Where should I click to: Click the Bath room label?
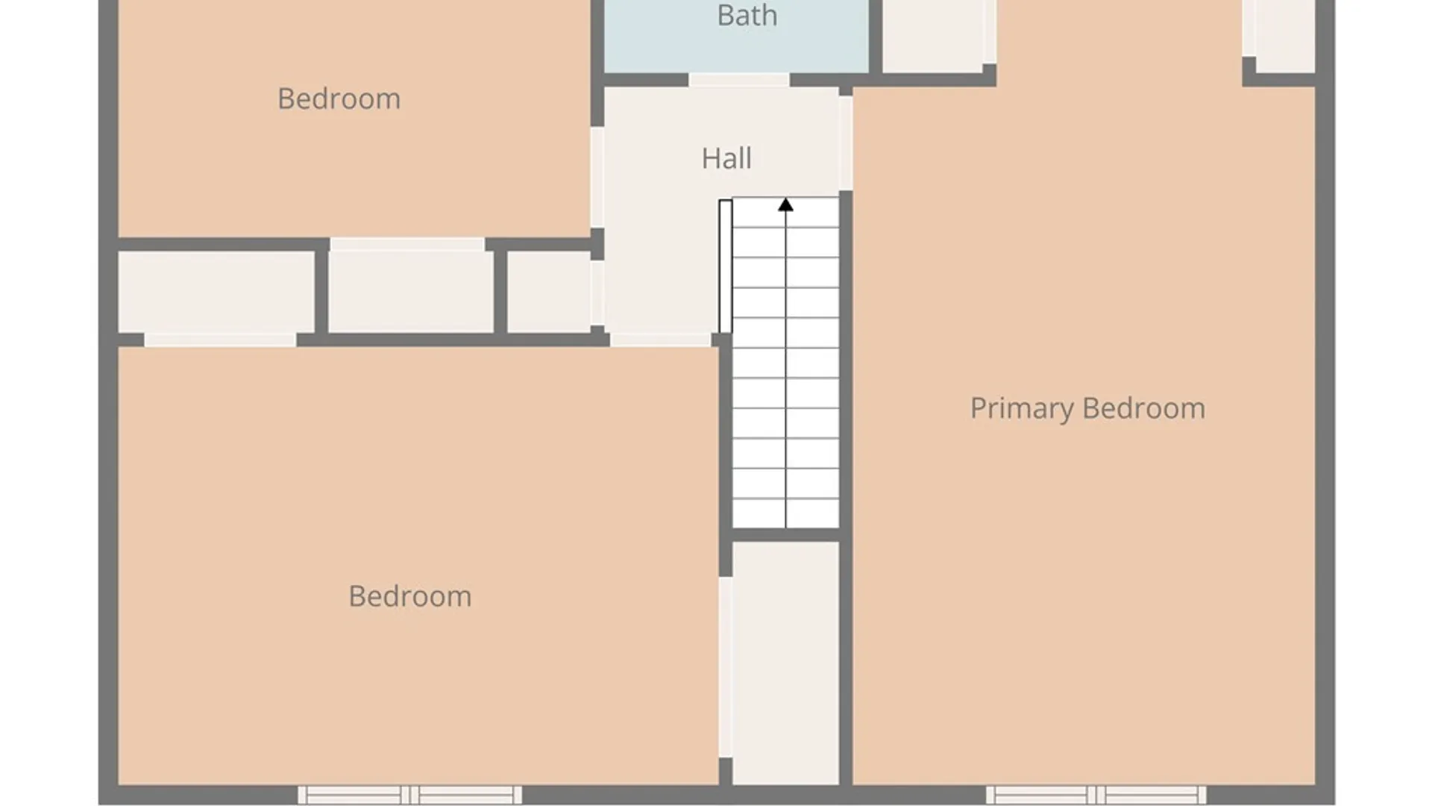click(747, 16)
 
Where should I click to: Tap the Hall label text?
click(726, 158)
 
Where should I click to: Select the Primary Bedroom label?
click(1087, 408)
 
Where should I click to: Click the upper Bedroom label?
click(339, 99)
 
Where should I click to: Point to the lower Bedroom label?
click(409, 596)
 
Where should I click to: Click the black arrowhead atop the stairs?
click(785, 204)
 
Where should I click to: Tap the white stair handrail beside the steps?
click(725, 266)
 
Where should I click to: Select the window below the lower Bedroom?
click(409, 795)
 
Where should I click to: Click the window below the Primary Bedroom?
click(1096, 795)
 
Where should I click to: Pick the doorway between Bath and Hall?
click(738, 80)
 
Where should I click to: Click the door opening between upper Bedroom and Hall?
click(597, 177)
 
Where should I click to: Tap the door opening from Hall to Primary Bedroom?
click(846, 143)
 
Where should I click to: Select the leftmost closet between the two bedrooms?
click(216, 292)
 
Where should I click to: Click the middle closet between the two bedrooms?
click(411, 292)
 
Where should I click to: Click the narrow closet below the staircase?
click(785, 663)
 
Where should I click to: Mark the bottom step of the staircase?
click(785, 513)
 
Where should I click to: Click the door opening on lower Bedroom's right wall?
click(725, 667)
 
